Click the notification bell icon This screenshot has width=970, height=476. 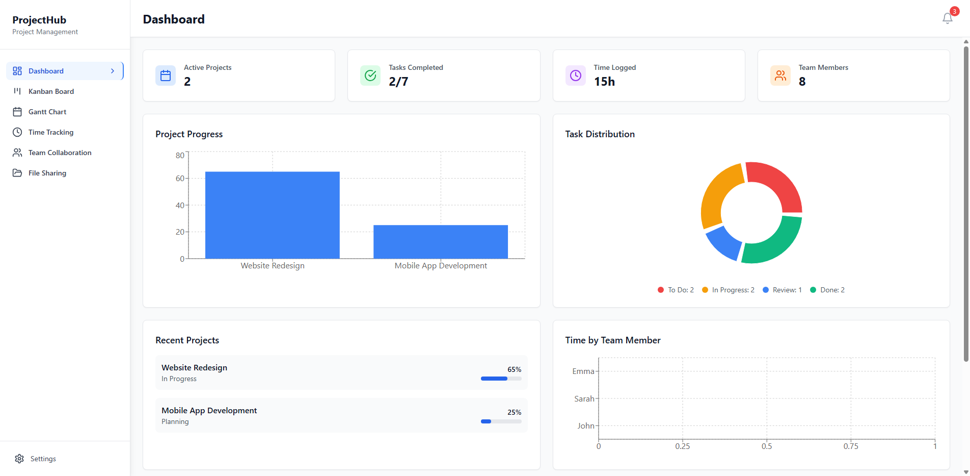tap(947, 18)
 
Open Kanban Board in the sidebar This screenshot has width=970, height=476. tap(51, 91)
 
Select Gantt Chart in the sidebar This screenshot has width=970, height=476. tap(47, 112)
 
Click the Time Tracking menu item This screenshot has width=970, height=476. tap(50, 132)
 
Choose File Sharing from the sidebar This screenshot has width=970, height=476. tap(47, 173)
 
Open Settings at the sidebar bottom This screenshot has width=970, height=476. tap(43, 459)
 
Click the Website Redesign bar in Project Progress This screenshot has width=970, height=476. tap(272, 215)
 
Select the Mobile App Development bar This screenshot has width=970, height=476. tap(440, 242)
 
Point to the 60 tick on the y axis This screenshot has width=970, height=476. tap(180, 179)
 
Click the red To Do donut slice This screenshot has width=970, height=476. tap(777, 184)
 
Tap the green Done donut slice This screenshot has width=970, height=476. tap(774, 242)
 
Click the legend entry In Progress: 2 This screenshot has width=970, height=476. tap(733, 290)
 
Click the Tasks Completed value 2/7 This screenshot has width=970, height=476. tap(398, 82)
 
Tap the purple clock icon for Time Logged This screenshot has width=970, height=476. tap(575, 76)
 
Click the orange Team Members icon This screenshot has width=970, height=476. tap(780, 76)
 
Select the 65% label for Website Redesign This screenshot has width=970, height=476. tap(514, 369)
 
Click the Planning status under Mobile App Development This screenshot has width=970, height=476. tap(175, 421)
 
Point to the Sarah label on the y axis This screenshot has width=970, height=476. tap(584, 399)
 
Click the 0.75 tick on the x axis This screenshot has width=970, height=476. tap(850, 446)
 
